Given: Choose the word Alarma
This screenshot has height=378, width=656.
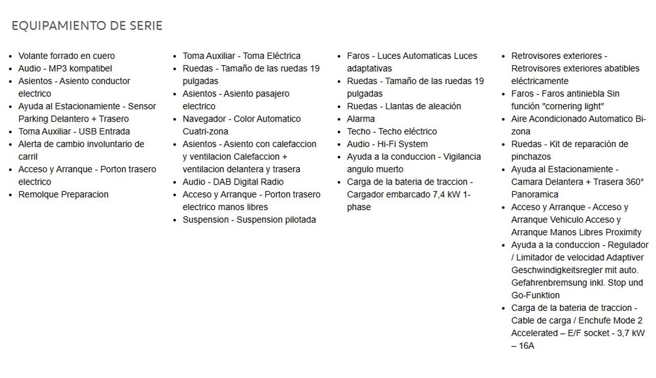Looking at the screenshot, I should pos(361,119).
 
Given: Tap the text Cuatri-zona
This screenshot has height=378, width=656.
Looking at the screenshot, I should pos(206,132).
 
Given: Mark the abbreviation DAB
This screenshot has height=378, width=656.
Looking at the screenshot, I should pos(222,182).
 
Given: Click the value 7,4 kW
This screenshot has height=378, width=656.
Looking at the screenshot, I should pos(448,195).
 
